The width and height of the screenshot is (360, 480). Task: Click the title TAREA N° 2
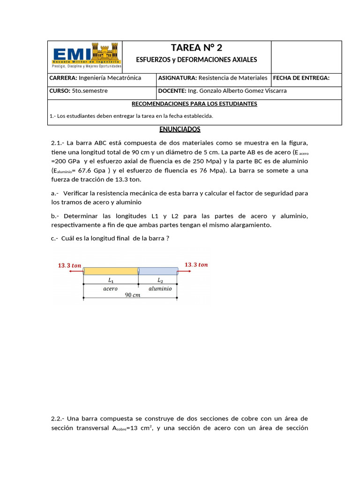(196, 48)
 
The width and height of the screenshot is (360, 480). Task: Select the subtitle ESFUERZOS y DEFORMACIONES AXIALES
(196, 60)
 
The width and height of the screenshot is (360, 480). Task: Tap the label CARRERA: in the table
(63, 78)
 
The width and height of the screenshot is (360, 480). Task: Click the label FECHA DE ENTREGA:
(301, 78)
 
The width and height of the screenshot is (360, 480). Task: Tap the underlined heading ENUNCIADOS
(180, 129)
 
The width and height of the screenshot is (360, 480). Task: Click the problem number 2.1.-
(59, 143)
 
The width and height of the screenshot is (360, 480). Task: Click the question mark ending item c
(167, 239)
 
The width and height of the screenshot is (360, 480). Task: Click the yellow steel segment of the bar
(111, 271)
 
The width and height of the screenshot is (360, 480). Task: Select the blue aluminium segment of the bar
(158, 271)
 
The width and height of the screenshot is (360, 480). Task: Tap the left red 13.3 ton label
(69, 265)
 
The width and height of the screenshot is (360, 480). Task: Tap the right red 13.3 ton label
(196, 265)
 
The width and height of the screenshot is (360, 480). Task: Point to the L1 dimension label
(111, 280)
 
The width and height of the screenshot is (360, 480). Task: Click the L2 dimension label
(160, 280)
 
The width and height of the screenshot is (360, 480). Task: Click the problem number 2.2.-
(59, 419)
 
